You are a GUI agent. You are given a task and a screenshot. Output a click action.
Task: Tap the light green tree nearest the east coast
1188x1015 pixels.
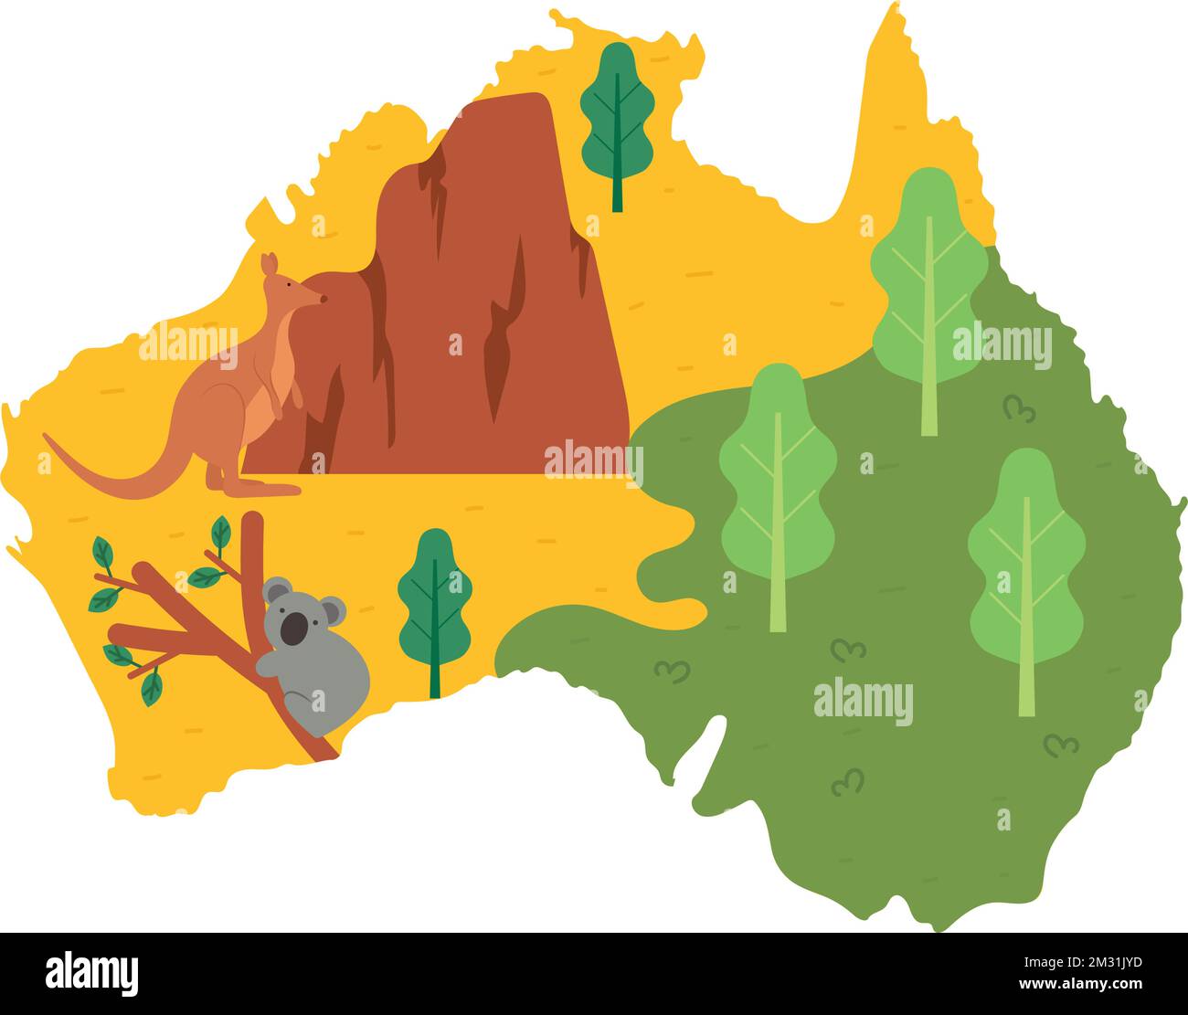pos(1026,566)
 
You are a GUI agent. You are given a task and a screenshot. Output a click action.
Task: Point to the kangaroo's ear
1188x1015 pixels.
pos(268,264)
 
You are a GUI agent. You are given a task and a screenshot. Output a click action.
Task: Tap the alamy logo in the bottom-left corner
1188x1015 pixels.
pos(91,973)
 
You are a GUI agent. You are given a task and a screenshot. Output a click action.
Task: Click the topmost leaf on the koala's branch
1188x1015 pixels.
pos(220,532)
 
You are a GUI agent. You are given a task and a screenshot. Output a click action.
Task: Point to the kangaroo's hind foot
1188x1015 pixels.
pos(265,490)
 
